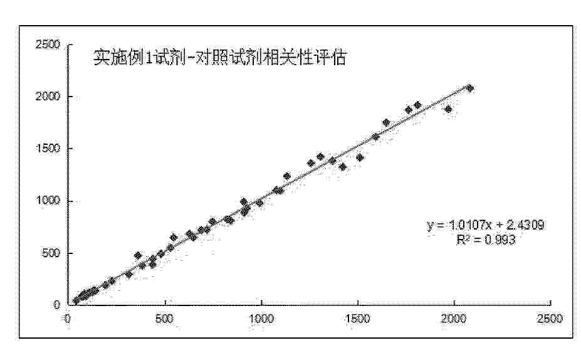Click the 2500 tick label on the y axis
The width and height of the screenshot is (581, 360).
[48, 45]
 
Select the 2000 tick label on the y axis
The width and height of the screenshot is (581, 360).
[48, 97]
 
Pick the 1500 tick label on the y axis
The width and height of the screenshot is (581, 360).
[48, 149]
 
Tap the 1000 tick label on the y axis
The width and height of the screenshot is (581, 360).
[48, 201]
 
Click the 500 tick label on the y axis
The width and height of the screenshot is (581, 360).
[51, 253]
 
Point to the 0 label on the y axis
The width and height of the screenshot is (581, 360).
[57, 304]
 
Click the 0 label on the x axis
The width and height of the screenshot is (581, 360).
[68, 319]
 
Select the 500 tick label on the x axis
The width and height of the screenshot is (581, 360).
[165, 319]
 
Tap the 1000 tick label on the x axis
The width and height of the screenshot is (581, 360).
[261, 319]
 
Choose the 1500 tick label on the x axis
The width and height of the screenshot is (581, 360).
[358, 319]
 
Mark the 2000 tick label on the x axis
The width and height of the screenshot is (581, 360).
[454, 319]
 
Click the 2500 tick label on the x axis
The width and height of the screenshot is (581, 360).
[551, 319]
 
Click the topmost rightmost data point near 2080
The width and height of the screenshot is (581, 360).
[470, 88]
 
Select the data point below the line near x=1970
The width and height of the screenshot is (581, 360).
[448, 109]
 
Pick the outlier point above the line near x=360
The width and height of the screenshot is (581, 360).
[138, 255]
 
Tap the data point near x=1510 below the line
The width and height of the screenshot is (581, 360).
[360, 157]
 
